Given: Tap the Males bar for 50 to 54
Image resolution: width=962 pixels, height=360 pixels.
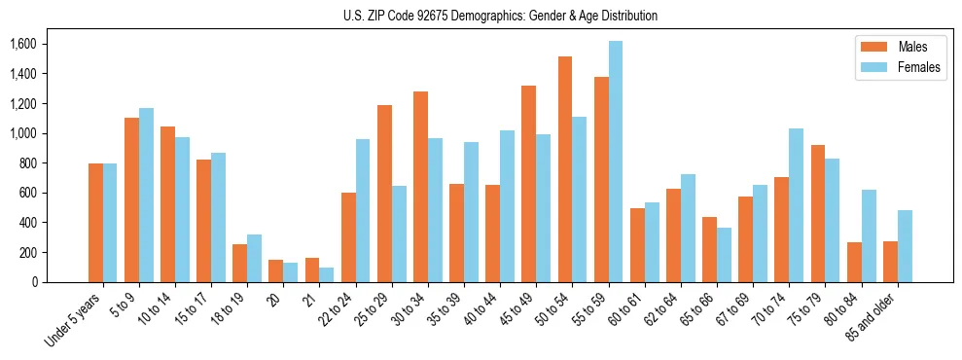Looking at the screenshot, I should tap(565, 169).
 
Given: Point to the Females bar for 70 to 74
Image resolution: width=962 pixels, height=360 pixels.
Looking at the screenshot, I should tap(797, 205).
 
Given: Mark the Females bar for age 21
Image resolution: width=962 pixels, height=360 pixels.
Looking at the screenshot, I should tap(327, 274).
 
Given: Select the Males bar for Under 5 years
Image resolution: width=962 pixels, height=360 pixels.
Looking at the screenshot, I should tap(95, 223).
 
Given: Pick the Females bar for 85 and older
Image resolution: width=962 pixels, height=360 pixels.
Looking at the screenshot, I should tap(905, 246).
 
